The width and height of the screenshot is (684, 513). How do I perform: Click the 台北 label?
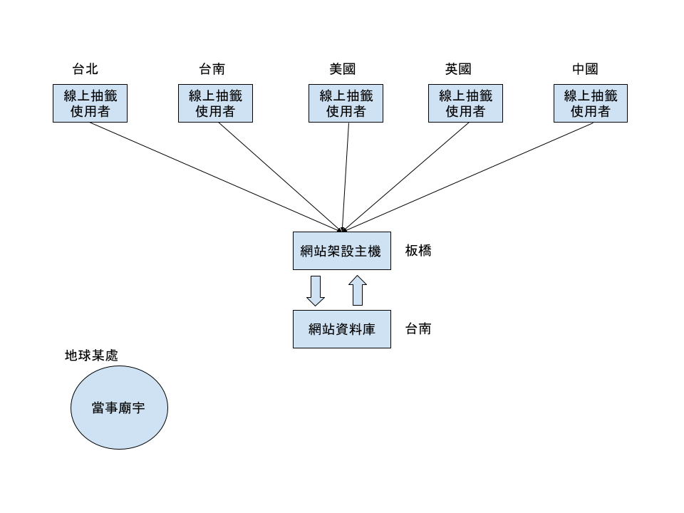85,69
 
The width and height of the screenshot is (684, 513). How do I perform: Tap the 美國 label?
343,69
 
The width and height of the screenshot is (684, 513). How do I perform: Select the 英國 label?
458,69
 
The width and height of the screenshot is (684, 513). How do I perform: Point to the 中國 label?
585,69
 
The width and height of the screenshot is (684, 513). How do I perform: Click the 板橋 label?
418,251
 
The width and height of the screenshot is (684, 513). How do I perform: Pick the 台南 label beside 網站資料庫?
418,329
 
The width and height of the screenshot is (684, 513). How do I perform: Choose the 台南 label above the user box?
212,69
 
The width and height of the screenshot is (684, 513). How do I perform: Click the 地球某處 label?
91,356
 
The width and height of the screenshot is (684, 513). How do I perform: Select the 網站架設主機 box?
342,251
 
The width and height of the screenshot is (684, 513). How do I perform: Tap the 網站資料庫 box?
342,329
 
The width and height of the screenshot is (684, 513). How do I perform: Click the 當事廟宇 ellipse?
119,408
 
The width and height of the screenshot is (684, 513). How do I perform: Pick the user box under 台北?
90,103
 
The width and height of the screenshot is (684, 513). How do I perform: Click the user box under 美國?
346,103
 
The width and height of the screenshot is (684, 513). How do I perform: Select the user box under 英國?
465,103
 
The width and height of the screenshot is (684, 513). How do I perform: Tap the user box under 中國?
591,103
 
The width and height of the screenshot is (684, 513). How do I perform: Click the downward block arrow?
316,291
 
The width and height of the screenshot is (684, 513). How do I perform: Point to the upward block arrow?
358,290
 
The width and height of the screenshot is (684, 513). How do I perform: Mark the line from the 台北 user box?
215,177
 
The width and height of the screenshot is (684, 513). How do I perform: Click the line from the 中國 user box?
469,177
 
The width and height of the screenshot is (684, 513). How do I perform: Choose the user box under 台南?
215,103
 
